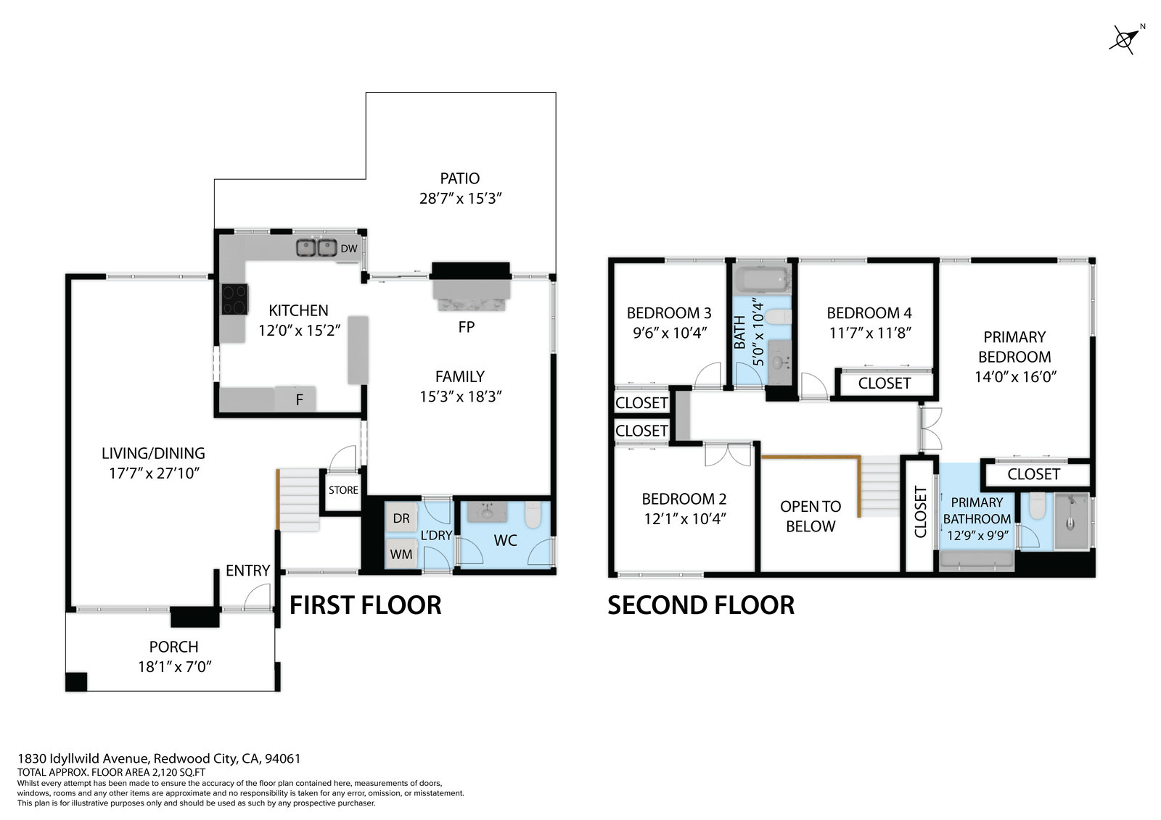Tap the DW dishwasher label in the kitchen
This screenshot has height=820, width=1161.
(x=349, y=249)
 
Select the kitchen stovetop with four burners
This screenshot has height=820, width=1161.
(x=234, y=299)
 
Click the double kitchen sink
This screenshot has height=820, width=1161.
(x=316, y=248)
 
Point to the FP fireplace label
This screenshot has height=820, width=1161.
(x=466, y=327)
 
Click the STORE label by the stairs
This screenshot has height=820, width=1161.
(x=343, y=490)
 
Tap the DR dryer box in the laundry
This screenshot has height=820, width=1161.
(x=401, y=518)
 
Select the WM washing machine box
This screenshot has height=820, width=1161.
(x=401, y=554)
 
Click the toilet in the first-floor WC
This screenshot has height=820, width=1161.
(x=533, y=514)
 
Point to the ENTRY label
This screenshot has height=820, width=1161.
(x=247, y=571)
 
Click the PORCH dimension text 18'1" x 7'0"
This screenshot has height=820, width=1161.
(x=175, y=667)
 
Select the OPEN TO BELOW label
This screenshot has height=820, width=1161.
(x=811, y=516)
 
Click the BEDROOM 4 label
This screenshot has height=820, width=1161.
(x=869, y=313)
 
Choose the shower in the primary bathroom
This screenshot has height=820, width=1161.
(x=1072, y=521)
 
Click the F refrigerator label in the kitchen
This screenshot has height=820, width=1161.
(x=299, y=400)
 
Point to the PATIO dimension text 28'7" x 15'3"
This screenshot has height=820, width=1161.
(x=460, y=199)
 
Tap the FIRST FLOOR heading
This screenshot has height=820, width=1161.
(x=366, y=605)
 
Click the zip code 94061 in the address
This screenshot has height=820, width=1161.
(x=282, y=758)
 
